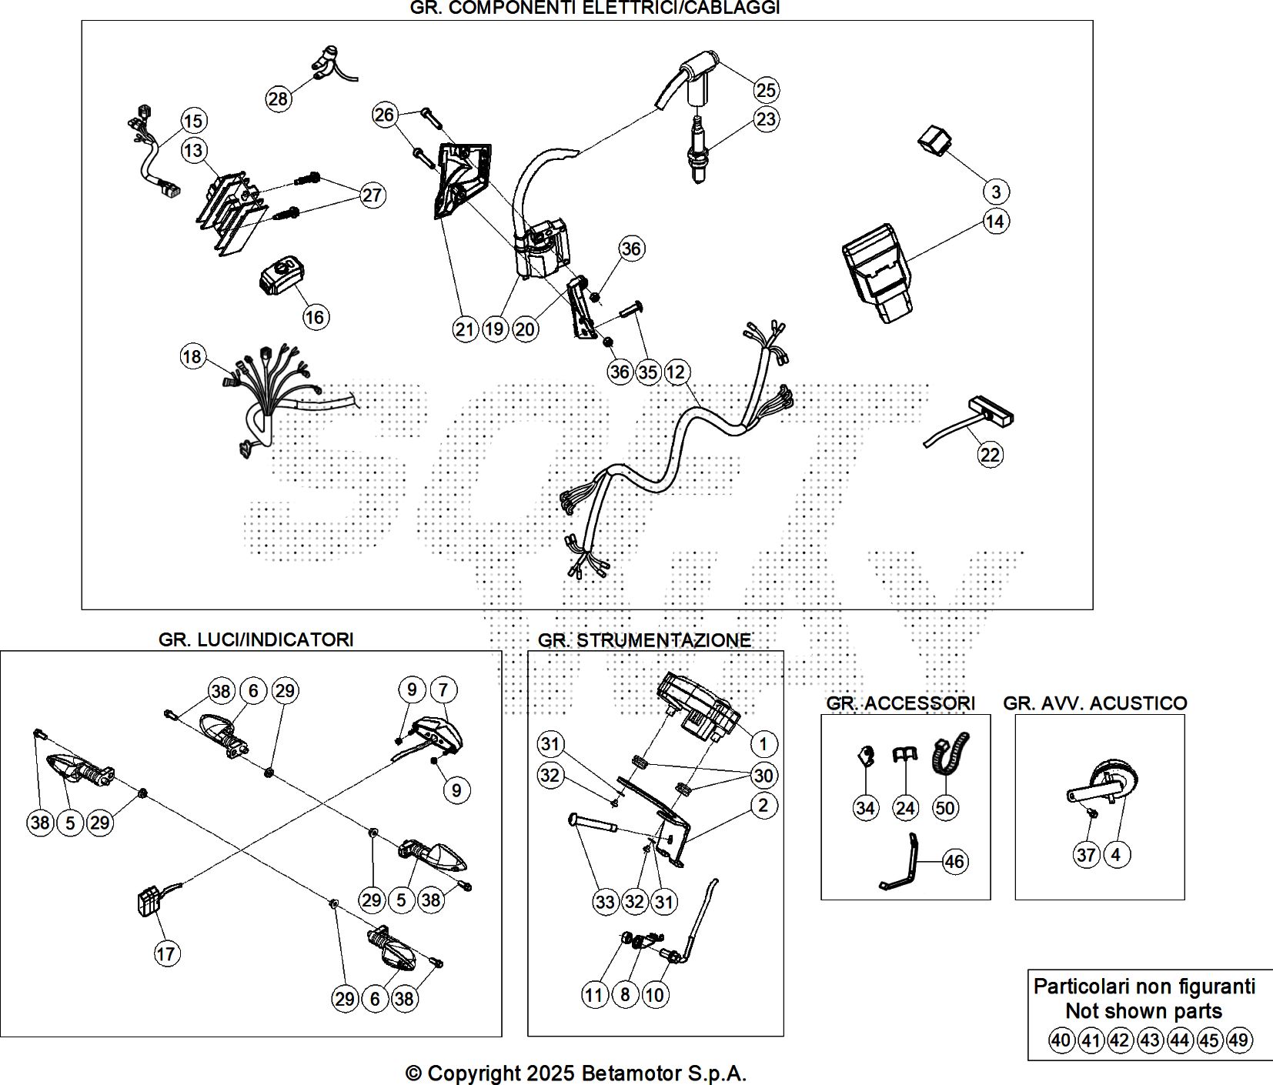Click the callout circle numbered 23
766,119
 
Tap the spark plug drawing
698,150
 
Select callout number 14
995,222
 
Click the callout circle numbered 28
278,98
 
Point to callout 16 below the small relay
316,317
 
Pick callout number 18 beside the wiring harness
192,357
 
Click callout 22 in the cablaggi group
990,455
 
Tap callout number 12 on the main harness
675,372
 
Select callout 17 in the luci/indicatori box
166,954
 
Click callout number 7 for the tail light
443,690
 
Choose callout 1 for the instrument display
763,744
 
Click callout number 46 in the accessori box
954,862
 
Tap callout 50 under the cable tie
944,808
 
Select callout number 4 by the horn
1115,854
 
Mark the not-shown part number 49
1238,1040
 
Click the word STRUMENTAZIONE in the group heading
663,640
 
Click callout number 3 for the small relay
995,192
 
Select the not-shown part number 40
1061,1040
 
